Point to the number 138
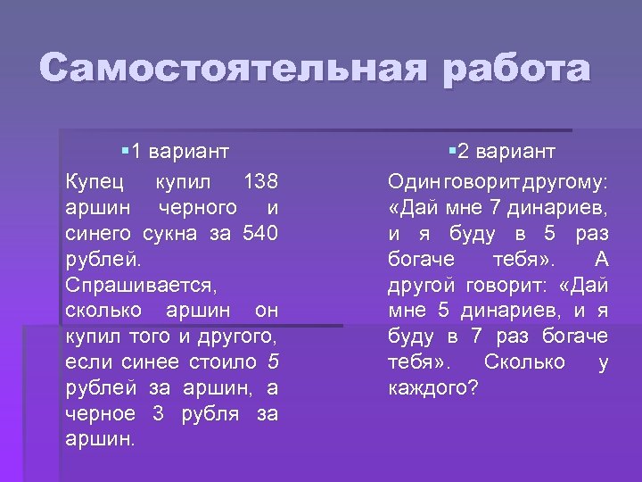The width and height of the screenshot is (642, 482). [260, 182]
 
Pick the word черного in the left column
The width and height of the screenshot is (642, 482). [197, 208]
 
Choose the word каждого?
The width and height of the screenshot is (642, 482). [433, 388]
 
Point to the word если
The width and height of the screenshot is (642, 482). [86, 362]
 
